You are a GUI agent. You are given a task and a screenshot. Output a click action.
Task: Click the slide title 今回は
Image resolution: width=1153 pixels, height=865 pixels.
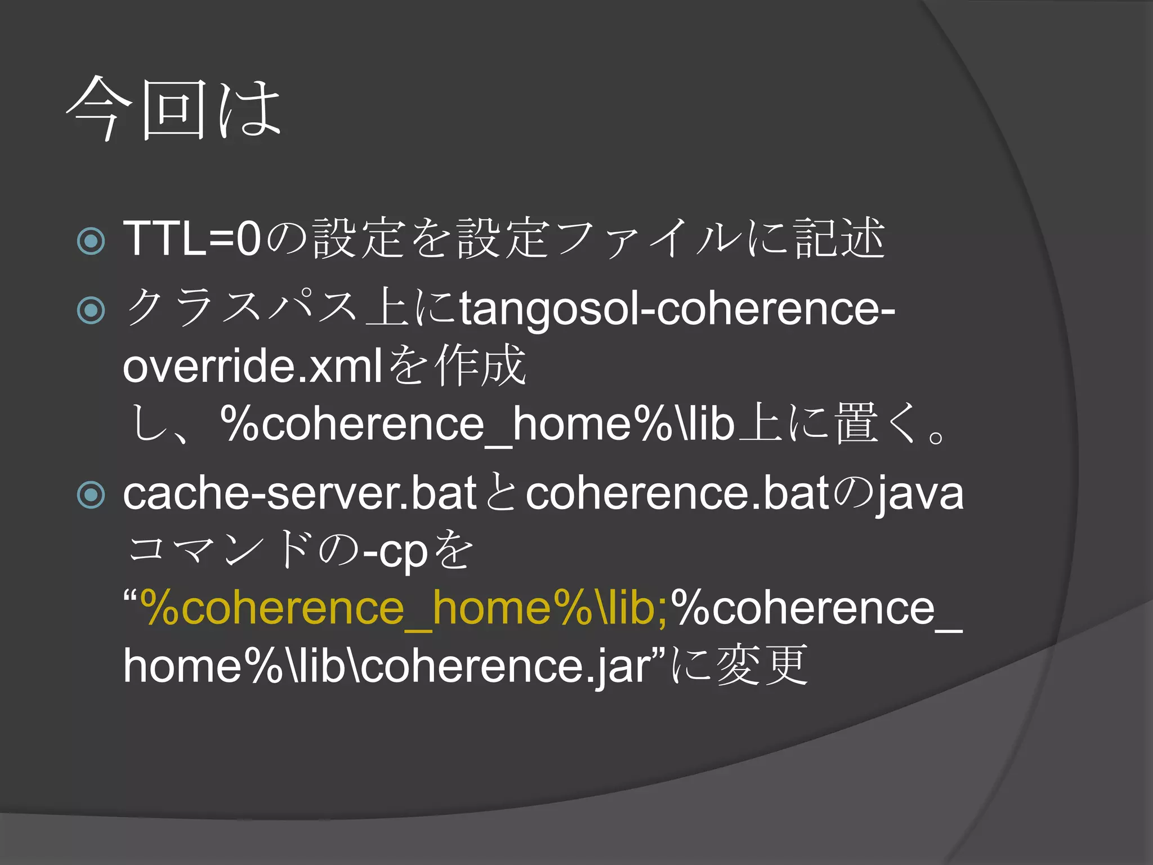click(x=173, y=108)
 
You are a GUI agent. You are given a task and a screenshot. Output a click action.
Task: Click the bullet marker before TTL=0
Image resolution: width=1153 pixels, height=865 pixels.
click(x=91, y=241)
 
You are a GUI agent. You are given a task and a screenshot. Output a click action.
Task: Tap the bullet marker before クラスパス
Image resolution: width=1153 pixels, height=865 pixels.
click(x=91, y=310)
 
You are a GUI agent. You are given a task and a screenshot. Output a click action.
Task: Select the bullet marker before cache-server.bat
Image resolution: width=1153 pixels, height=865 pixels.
click(x=91, y=495)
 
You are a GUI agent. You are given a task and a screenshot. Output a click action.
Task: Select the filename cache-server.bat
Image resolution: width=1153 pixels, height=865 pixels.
click(x=300, y=494)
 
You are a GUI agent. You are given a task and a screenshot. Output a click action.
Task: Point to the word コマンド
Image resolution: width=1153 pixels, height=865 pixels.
click(x=220, y=550)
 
